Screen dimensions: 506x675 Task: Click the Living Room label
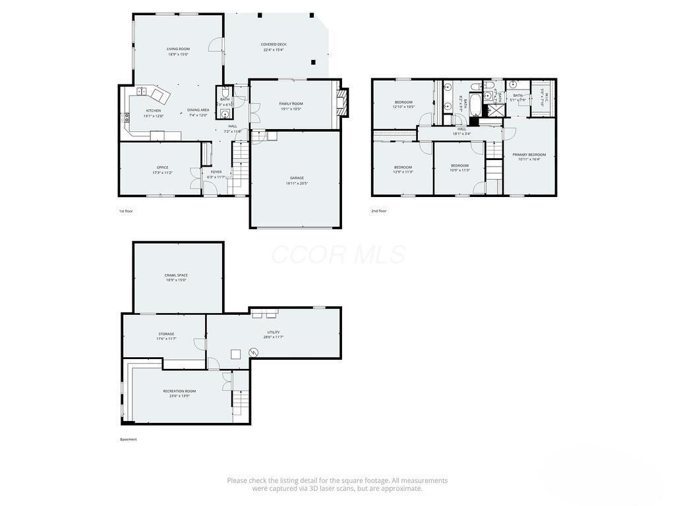click(x=178, y=51)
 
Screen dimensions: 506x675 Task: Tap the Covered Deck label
click(x=274, y=47)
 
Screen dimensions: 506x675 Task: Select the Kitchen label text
click(x=154, y=113)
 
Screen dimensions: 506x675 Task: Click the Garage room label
click(x=297, y=181)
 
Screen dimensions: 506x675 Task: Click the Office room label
click(x=163, y=170)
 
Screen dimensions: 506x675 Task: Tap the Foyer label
click(x=216, y=175)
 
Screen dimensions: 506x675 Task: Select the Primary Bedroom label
click(x=529, y=157)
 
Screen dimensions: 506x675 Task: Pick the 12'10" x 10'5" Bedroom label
click(x=403, y=104)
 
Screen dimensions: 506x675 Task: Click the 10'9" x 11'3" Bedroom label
click(x=459, y=167)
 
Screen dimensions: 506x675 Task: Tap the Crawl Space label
click(x=176, y=277)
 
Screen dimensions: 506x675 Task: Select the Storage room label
click(x=166, y=336)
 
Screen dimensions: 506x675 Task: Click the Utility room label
click(x=274, y=335)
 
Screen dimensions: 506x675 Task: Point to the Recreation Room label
click(x=179, y=393)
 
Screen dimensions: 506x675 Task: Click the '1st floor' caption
click(x=126, y=211)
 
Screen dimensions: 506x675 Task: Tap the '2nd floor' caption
click(x=378, y=211)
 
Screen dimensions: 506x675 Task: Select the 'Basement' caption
click(x=129, y=439)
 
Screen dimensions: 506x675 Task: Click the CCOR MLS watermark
click(x=337, y=254)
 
